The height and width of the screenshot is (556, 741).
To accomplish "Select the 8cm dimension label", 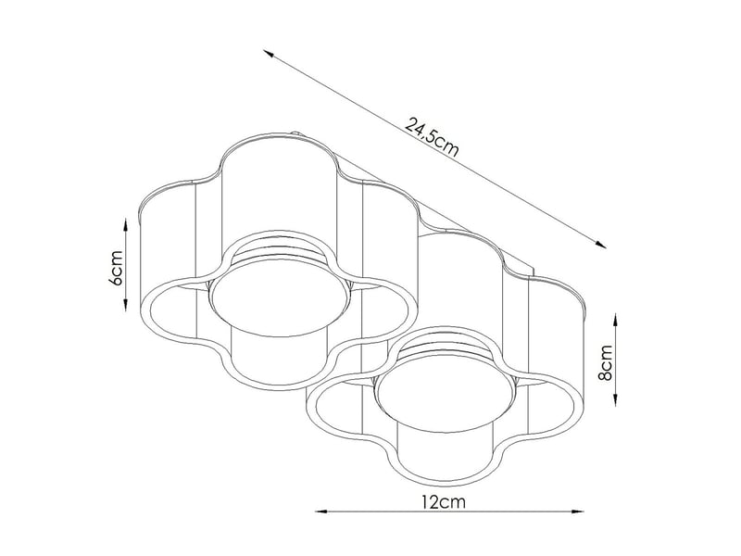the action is coord(606,362).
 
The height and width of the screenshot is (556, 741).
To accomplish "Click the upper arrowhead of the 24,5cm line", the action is coord(269,53).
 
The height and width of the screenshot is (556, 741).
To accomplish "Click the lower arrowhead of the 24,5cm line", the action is coord(600,244).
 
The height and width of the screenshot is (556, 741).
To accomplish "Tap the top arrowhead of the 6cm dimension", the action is coord(126,224).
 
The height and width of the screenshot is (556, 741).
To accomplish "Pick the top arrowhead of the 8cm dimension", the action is coord(615,320).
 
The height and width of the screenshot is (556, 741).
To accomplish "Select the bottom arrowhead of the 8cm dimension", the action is coord(615,399).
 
